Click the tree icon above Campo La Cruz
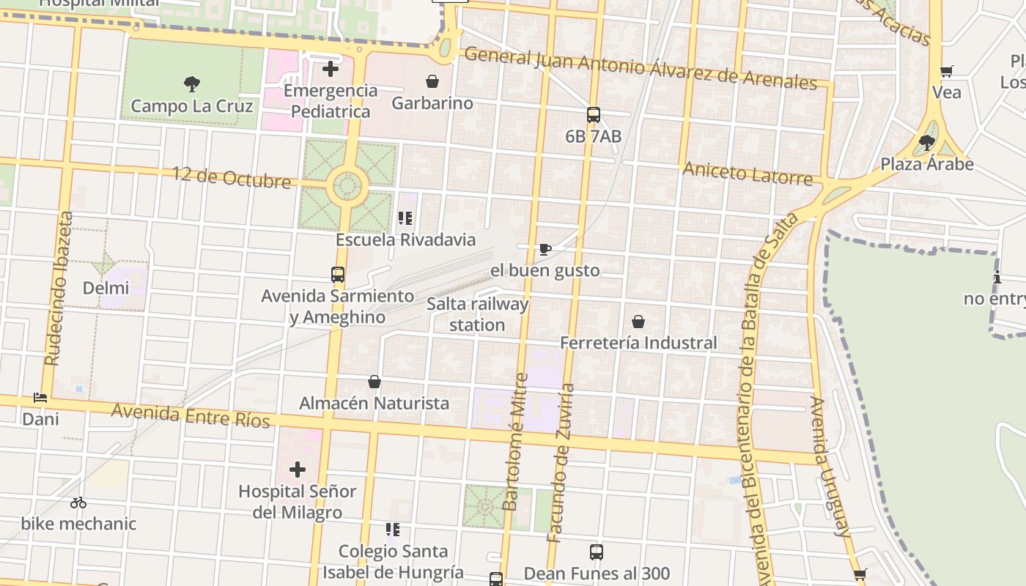tap(192, 84)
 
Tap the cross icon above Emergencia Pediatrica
tap(331, 69)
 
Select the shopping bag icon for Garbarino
tap(432, 81)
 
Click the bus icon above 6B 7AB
tap(594, 115)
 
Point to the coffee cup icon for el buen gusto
tap(545, 249)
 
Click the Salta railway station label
tap(477, 314)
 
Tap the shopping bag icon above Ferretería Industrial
tap(638, 322)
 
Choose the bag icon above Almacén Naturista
tap(374, 382)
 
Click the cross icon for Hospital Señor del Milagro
tap(298, 469)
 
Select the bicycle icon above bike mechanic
tap(78, 502)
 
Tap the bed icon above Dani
tap(40, 398)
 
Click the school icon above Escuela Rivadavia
tap(405, 218)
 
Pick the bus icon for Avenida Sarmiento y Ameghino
tap(338, 275)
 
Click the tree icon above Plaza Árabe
tap(927, 142)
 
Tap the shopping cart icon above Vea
tap(947, 71)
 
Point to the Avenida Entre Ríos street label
tap(191, 415)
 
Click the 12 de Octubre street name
tap(231, 177)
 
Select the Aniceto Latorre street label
tap(748, 174)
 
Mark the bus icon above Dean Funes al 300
tap(597, 552)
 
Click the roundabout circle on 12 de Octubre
tap(347, 186)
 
